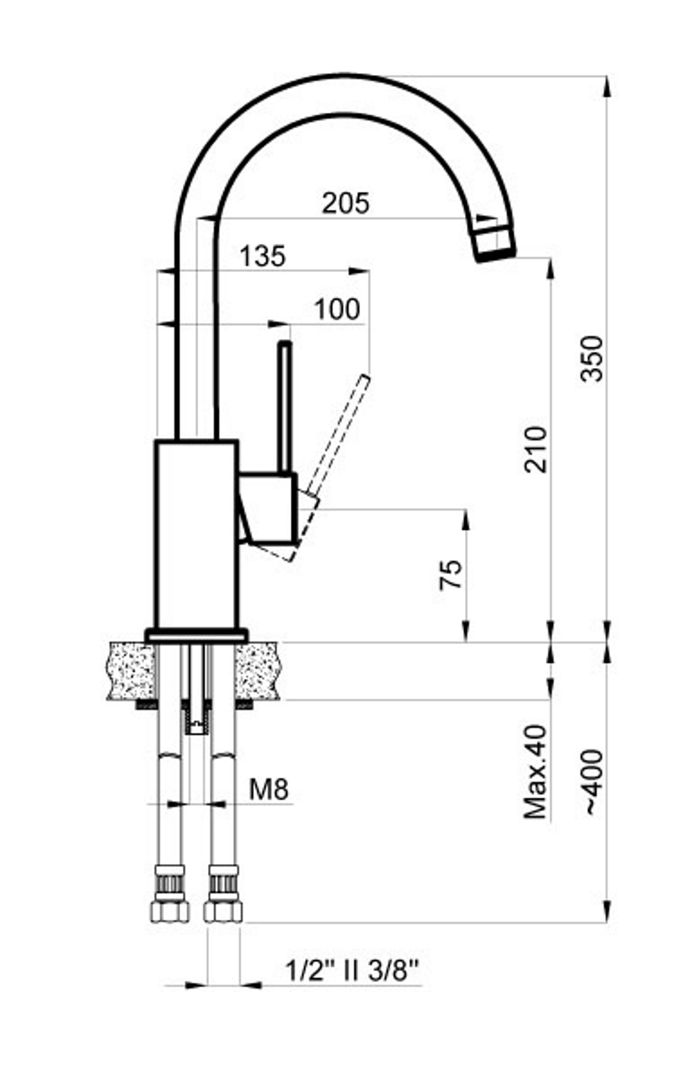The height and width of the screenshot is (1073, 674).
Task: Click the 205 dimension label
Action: click(345, 203)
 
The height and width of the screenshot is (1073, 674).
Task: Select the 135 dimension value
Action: click(263, 256)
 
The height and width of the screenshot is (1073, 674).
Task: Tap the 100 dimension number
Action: click(337, 309)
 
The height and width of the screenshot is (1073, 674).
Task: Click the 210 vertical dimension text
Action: click(535, 450)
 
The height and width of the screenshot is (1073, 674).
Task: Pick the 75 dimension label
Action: click(451, 574)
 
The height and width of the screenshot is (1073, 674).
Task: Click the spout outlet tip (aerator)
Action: click(495, 243)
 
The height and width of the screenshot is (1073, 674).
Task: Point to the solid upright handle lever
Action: click(286, 407)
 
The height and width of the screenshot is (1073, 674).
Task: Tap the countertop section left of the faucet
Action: click(131, 671)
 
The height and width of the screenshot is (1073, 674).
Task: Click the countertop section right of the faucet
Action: click(257, 671)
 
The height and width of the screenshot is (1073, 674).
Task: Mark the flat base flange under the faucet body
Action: click(196, 635)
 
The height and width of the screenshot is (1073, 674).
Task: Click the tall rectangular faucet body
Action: click(196, 534)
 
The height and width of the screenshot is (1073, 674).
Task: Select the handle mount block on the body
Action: click(268, 508)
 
